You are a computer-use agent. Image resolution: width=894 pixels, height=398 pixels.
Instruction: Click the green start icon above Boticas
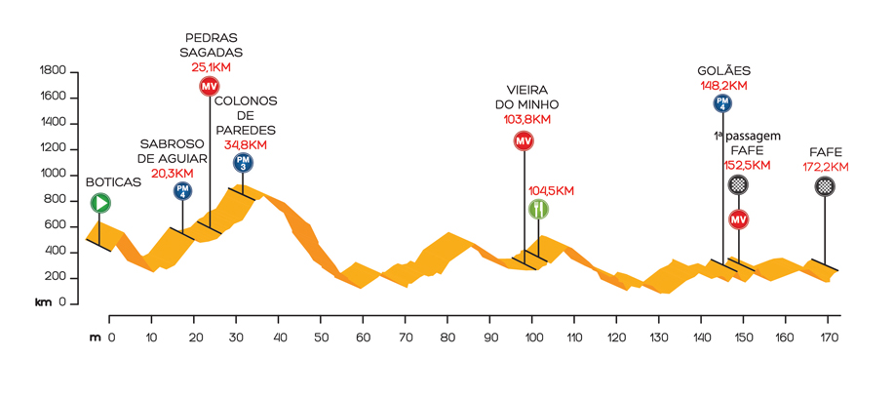100,203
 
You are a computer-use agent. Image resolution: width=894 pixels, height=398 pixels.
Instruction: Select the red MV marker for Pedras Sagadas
209,87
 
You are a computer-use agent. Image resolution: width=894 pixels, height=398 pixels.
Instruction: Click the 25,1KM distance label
212,68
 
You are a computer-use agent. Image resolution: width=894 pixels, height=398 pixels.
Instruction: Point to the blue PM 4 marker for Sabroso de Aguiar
182,191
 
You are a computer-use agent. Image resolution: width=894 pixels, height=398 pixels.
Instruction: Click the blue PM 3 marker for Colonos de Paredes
243,163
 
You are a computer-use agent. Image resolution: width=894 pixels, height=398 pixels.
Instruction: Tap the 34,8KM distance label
246,145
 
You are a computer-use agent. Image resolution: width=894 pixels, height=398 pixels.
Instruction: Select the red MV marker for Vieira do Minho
524,140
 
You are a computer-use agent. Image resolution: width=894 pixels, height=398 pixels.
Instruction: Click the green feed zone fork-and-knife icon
538,209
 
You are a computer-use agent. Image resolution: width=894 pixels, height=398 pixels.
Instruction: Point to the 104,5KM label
551,190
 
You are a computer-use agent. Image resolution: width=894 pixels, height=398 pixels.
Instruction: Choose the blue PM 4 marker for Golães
722,102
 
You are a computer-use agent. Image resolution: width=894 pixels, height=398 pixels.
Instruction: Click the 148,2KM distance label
723,85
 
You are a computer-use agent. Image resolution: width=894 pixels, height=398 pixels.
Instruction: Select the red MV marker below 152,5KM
738,219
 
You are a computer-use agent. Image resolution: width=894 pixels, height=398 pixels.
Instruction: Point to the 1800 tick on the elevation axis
53,71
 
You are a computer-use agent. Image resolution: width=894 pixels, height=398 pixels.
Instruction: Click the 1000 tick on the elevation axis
53,175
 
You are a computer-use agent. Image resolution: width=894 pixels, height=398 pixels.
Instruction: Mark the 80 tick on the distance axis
447,338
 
